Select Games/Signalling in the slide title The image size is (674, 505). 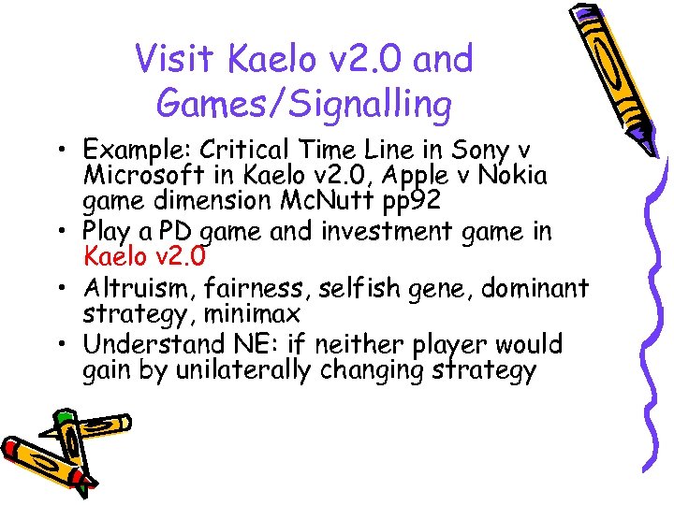(304, 103)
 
